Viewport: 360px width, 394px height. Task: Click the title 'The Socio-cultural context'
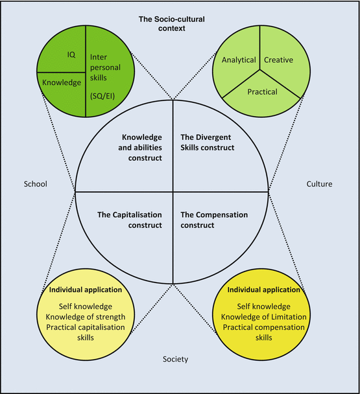172,23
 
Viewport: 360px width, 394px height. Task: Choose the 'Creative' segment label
278,60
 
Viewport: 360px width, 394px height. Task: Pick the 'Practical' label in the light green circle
262,92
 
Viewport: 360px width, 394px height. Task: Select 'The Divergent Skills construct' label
207,142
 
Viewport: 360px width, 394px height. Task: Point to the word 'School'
35,184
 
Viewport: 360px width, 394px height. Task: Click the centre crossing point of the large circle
173,192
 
